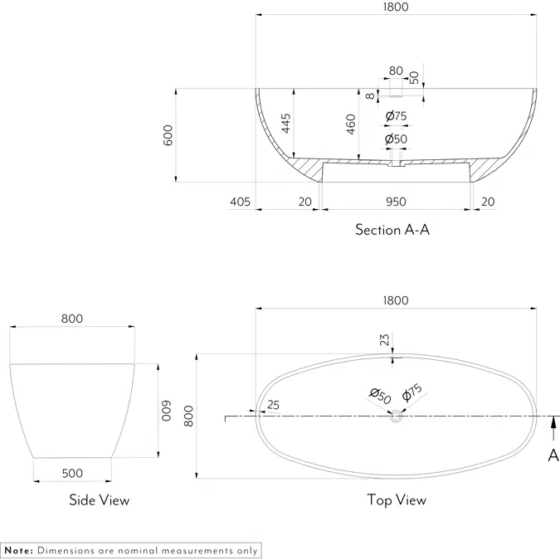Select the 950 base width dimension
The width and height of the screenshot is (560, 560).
pyautogui.click(x=396, y=201)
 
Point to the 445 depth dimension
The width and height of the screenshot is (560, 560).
pyautogui.click(x=285, y=124)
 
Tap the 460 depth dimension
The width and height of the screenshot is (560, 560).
pyautogui.click(x=352, y=124)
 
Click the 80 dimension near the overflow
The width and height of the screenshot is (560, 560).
pyautogui.click(x=396, y=71)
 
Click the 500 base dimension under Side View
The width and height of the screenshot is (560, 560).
pyautogui.click(x=72, y=473)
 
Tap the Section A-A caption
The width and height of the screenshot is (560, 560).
pyautogui.click(x=392, y=230)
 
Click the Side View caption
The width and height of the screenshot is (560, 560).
pyautogui.click(x=99, y=500)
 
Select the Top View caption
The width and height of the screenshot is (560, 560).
pyautogui.click(x=397, y=500)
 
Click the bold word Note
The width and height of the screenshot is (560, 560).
pyautogui.click(x=18, y=550)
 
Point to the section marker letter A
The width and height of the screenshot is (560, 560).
pyautogui.click(x=553, y=455)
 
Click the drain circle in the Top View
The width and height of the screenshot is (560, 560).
pyautogui.click(x=396, y=419)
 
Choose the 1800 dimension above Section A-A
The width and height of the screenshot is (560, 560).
pyautogui.click(x=396, y=7)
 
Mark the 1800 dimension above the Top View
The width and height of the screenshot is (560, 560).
pyautogui.click(x=396, y=300)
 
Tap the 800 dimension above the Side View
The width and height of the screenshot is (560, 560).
pyautogui.click(x=72, y=319)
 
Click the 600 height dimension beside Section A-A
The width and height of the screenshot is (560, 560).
pyautogui.click(x=168, y=135)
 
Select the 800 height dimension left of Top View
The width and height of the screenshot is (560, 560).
pyautogui.click(x=188, y=415)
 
